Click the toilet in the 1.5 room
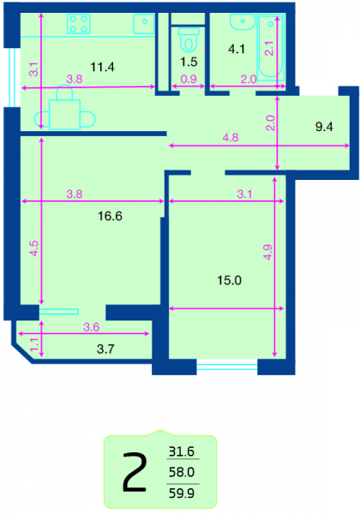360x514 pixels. pos(189,39)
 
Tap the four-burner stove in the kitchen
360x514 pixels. pos(79,24)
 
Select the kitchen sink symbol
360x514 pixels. pos(144,24)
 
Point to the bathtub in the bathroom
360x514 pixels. pos(271,47)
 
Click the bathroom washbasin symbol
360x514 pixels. pos(243,21)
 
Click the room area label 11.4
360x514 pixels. pos(102,67)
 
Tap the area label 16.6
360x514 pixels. pos(111,217)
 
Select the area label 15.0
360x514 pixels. pos(229,281)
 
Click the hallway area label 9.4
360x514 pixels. pos(324,127)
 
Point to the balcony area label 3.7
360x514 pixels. pos(105,350)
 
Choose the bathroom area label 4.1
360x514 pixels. pos(237,49)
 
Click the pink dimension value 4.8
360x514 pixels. pos(231,137)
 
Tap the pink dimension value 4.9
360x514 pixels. pos(268,252)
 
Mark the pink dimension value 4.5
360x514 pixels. pos(33,248)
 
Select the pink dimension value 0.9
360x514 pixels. pos(189,79)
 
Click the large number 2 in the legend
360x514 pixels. pos(134,472)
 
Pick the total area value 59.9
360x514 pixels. pos(182,493)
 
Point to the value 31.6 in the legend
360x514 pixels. pos(182,451)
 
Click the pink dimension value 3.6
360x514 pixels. pos(91,327)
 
